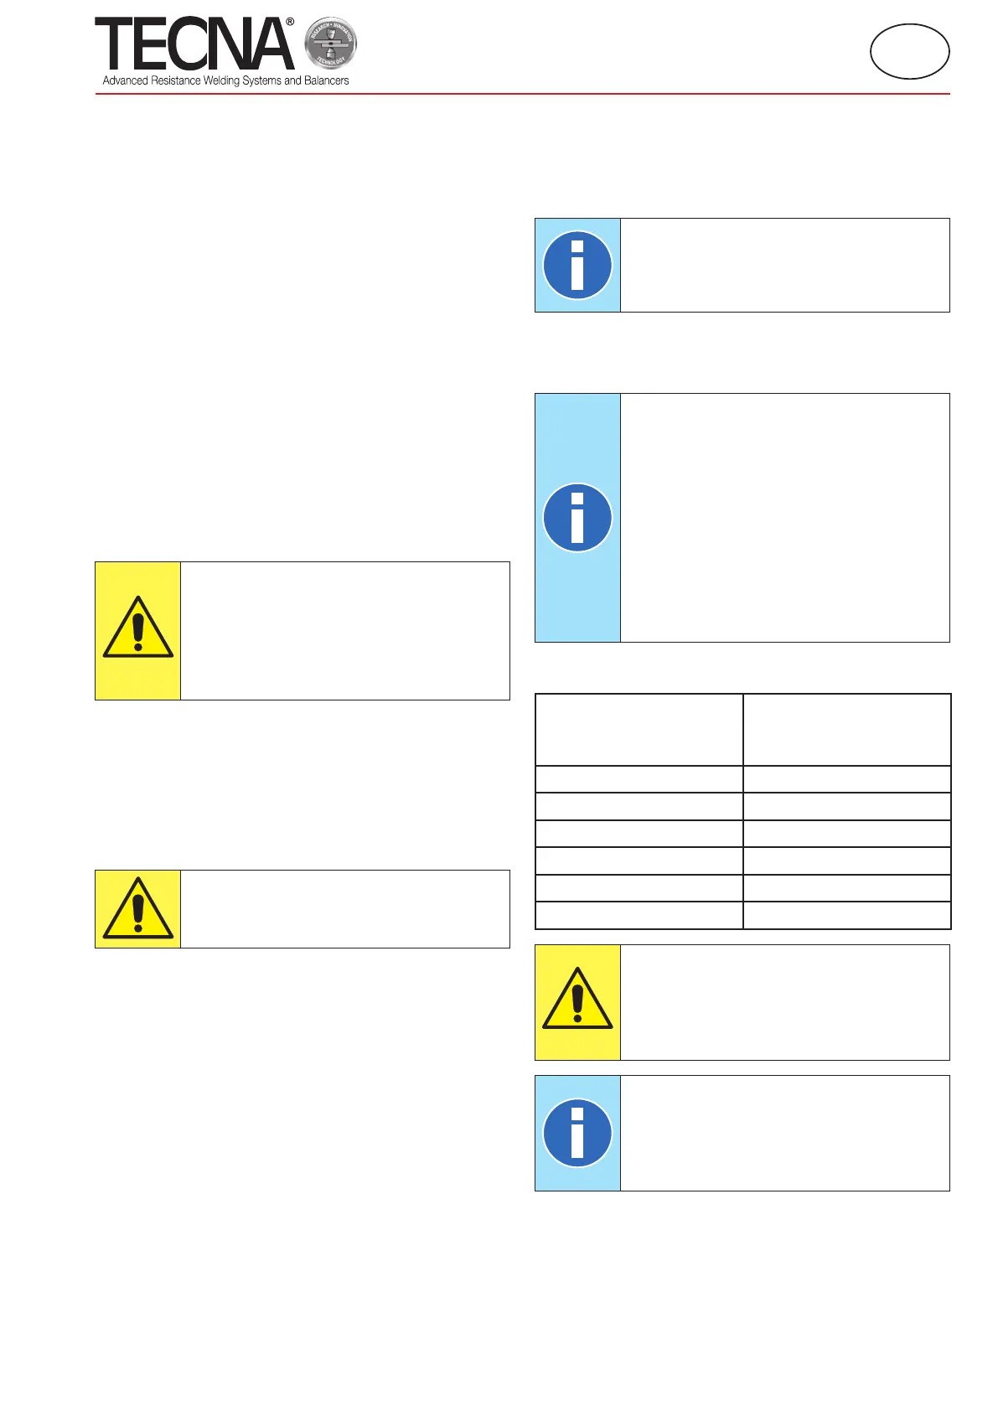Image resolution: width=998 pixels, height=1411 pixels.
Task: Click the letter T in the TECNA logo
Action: click(x=113, y=44)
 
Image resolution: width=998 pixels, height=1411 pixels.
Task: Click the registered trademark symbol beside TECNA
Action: click(x=290, y=23)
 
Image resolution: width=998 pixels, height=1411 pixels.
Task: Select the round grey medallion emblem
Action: click(x=330, y=44)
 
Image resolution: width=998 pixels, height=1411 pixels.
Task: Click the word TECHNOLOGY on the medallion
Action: click(x=330, y=60)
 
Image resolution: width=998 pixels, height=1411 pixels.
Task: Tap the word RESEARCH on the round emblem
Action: click(x=319, y=30)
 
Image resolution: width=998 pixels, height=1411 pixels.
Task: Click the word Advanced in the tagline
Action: click(x=125, y=80)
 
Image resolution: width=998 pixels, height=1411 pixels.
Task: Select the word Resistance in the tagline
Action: click(x=176, y=80)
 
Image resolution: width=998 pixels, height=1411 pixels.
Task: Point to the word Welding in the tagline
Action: click(x=221, y=80)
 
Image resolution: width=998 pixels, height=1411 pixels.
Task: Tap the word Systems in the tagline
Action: click(x=261, y=80)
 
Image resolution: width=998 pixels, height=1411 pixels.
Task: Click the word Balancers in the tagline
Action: click(x=326, y=80)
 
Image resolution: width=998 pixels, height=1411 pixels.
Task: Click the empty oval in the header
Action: click(x=909, y=51)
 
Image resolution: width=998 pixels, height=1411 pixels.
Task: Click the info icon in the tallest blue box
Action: click(x=577, y=517)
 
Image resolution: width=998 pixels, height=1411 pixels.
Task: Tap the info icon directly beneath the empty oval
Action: click(x=577, y=265)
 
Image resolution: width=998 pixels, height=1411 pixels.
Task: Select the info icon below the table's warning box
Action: click(x=577, y=1133)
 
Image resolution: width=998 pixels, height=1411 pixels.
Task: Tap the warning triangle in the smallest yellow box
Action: click(x=138, y=908)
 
